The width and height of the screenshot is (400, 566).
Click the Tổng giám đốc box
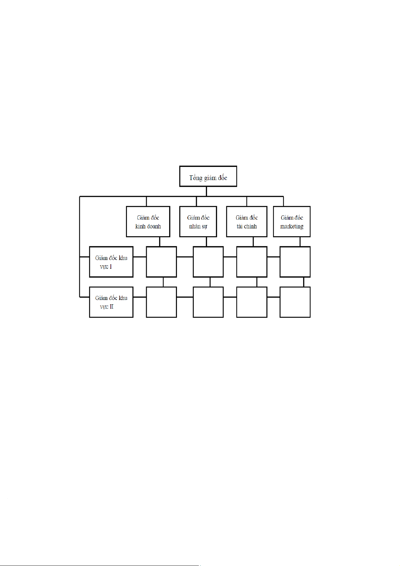208,176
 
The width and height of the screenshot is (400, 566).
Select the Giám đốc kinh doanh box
148,222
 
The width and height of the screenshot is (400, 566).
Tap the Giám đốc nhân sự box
198,222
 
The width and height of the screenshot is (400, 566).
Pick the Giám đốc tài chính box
247,222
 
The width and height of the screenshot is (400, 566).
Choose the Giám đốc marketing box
292,222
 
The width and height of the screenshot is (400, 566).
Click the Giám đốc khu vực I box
111,262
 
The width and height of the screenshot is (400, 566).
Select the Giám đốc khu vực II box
111,302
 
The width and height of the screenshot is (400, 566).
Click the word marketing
292,226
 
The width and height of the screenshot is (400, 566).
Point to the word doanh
153,226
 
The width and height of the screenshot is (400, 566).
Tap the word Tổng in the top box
195,178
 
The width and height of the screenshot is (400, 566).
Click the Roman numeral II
112,307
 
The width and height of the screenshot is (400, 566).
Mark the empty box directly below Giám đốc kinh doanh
161,262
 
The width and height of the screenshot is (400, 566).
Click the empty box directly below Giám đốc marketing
295,262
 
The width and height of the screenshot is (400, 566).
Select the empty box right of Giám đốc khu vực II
161,302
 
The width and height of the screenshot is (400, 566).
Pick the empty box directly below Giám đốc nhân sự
208,262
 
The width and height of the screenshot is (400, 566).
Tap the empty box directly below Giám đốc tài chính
252,262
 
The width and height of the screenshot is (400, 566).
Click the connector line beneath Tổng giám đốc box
206,191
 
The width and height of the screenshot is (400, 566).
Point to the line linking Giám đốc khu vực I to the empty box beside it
139,257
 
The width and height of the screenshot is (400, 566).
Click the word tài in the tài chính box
239,226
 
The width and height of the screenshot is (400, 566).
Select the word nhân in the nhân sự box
194,226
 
